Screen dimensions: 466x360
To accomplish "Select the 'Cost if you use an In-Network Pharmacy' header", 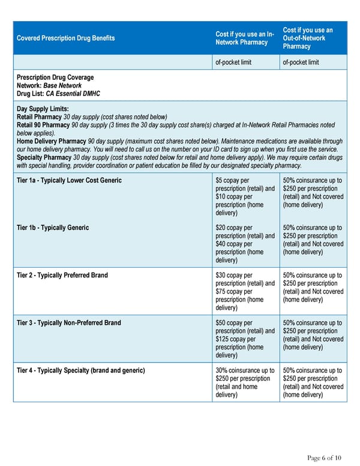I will tap(245, 38).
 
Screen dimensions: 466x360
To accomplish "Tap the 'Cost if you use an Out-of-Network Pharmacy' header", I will tap(308, 38).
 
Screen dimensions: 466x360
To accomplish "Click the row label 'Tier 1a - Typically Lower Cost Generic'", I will tap(69, 180).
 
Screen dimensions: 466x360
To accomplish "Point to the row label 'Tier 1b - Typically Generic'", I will tap(53, 228).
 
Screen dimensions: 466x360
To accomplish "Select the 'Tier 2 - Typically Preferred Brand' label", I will tap(62, 275).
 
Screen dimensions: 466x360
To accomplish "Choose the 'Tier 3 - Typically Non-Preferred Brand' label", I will tap(69, 322).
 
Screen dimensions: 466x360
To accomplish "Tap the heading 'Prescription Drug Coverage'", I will tap(55, 77).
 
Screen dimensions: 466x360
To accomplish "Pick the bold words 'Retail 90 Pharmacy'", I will tap(43, 125).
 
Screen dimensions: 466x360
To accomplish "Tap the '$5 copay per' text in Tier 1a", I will tap(234, 180).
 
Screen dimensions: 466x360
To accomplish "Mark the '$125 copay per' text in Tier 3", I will tap(238, 339).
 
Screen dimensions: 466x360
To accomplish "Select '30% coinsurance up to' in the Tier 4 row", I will tap(245, 371).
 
